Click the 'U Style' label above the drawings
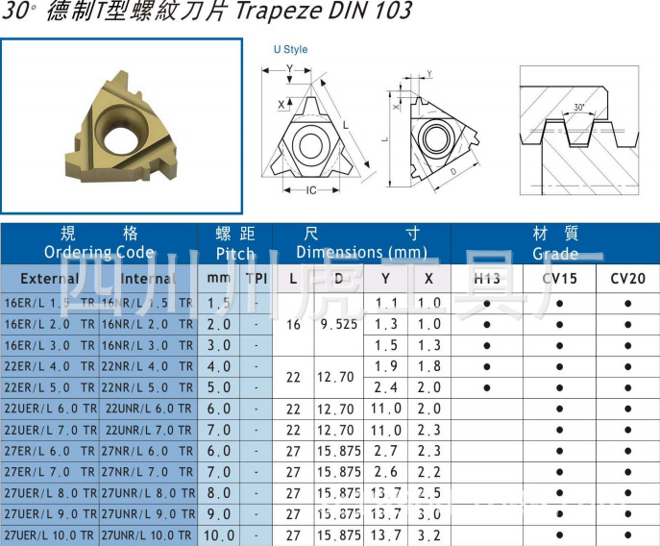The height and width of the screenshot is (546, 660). pos(290,49)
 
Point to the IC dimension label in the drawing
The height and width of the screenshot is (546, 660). pos(310,189)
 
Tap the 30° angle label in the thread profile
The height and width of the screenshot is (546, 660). pos(578,107)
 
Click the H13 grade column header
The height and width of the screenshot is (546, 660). pos(487,279)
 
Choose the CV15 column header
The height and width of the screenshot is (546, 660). pos(559,279)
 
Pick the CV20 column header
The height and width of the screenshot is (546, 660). pos(627,279)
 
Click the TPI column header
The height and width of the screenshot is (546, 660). pos(257,279)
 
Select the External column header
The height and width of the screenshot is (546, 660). pos(49,279)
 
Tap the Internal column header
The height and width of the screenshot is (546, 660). pos(148,279)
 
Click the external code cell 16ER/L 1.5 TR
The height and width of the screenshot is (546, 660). pos(50,303)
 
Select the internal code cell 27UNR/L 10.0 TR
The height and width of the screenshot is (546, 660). pos(148,535)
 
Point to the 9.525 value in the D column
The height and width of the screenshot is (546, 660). pos(339,324)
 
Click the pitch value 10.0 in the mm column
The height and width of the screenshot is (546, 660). pos(219,535)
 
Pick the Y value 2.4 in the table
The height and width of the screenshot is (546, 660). pos(386,387)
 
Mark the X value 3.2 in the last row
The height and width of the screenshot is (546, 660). pos(428,535)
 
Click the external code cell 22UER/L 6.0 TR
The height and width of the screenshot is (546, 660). pos(50,409)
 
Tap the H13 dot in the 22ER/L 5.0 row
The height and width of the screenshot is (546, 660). pos(487,387)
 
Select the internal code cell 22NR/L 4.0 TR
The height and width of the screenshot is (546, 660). pos(148,366)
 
